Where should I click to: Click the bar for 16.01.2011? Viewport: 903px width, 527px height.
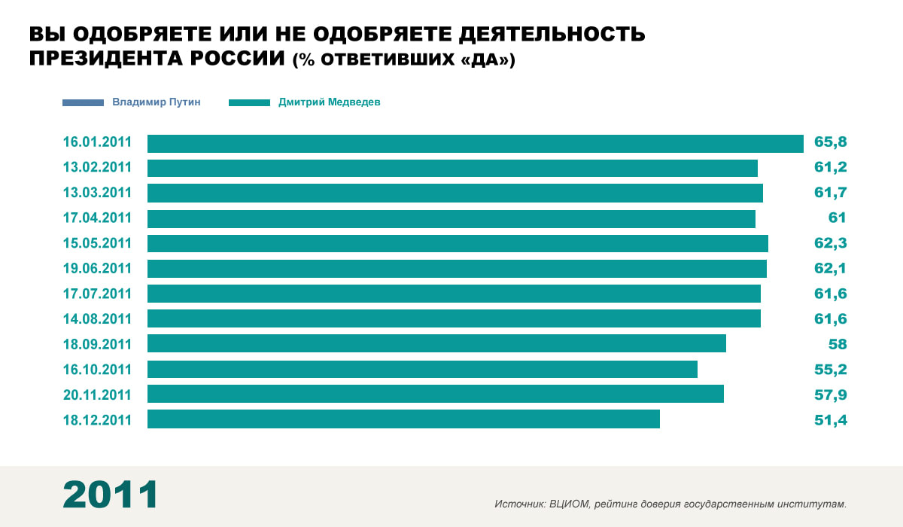(476, 143)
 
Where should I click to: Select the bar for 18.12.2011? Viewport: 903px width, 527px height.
(403, 419)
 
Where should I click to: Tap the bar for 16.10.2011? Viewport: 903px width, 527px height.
(422, 369)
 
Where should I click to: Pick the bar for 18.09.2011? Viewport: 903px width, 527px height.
(436, 344)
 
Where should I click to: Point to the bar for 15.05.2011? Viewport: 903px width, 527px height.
(458, 243)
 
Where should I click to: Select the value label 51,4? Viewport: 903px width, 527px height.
(831, 420)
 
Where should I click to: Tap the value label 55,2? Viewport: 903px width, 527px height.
(831, 370)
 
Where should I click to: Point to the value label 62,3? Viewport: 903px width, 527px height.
(831, 244)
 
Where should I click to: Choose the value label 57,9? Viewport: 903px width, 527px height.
(831, 394)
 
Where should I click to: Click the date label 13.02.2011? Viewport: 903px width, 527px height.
(97, 168)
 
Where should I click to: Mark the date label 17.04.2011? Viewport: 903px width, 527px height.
(97, 218)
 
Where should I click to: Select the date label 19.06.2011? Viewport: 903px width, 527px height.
(97, 269)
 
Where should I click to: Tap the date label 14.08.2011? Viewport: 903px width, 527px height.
(97, 319)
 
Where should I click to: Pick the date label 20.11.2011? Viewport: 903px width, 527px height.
(97, 394)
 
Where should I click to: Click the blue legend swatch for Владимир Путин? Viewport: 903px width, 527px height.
(84, 102)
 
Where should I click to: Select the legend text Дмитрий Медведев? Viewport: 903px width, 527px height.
(330, 102)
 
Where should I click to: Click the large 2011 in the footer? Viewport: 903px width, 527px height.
(111, 495)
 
